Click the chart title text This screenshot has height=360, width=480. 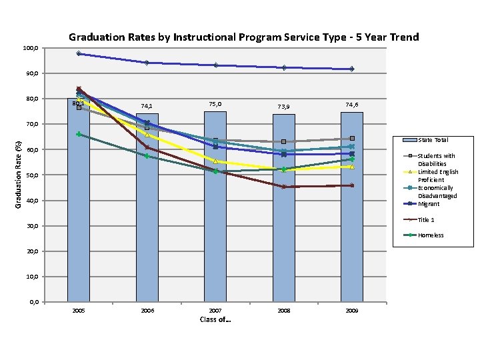pos(243,37)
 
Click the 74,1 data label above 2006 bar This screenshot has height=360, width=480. pos(147,106)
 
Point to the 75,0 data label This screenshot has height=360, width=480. pos(215,104)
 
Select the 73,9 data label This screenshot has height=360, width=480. pos(283,107)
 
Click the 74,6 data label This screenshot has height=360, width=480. pos(351,105)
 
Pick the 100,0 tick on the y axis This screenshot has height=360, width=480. pos(31,48)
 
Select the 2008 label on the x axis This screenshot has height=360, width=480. pos(283,311)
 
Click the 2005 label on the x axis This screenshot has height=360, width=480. pos(78,311)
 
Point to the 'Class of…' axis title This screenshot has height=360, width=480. pos(215,320)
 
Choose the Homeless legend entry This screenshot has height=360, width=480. pos(431,235)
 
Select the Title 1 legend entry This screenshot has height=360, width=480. pos(427,219)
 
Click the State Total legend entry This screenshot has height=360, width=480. pos(433,140)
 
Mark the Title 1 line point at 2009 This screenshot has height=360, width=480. pos(351,185)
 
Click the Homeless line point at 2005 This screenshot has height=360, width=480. pos(79,134)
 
